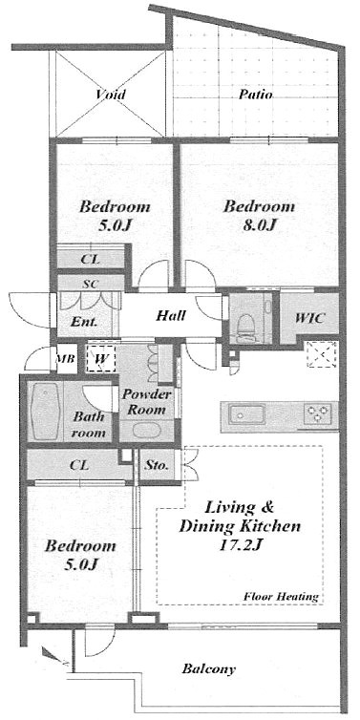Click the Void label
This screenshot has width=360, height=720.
pos(111,95)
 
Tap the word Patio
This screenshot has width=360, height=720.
pos(256,95)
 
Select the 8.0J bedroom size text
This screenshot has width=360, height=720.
pos(259,225)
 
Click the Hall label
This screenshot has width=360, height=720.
pos(171,315)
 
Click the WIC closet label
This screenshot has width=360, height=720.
pos(310,317)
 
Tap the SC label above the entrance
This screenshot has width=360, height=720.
pos(91,284)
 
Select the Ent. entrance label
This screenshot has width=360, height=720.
pos(84,322)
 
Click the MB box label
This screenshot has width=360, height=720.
pos(65,358)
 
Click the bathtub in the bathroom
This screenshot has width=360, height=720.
pos(47,412)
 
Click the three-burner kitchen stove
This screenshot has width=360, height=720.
pos(317,414)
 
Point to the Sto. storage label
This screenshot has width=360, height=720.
pos(157,466)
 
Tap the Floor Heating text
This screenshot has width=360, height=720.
pos(281,597)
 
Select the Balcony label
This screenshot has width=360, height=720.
pos(209,668)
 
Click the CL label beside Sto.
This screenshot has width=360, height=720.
pos(79,465)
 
